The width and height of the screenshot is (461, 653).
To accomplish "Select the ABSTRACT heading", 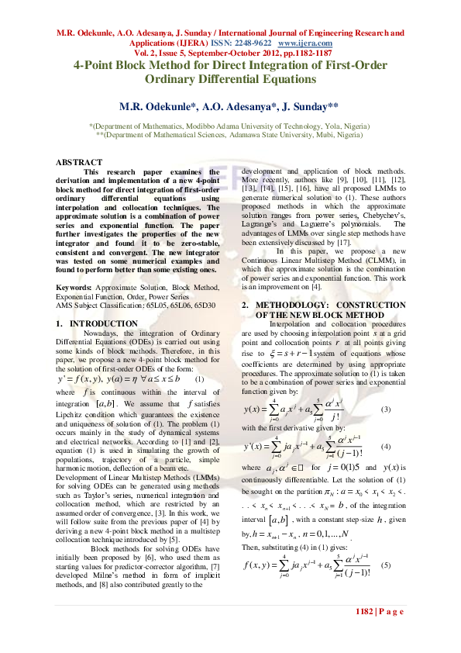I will (79, 162).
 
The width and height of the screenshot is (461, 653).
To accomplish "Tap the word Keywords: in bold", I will (75, 288).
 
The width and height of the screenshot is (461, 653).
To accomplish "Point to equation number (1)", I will (199, 379).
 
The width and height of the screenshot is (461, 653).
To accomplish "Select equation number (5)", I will (386, 586).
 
